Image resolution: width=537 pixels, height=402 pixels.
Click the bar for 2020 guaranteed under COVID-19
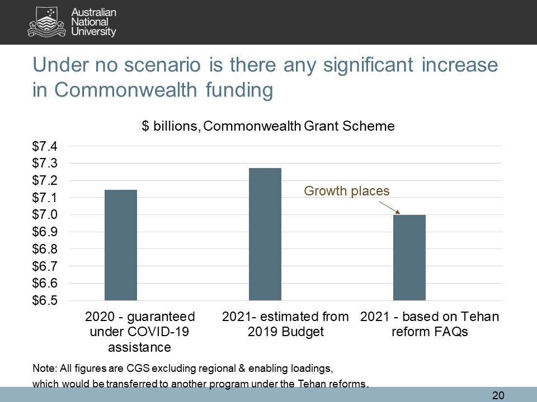tap(121, 245)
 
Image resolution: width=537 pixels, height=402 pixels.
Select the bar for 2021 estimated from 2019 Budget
tap(265, 234)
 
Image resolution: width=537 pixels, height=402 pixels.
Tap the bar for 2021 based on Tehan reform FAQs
tap(409, 257)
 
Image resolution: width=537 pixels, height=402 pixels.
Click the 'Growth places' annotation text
tap(346, 191)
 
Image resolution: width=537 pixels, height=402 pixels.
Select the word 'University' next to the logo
tap(94, 32)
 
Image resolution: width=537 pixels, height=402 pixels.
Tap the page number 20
tap(498, 395)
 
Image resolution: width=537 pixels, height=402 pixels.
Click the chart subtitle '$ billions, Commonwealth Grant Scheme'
tap(268, 126)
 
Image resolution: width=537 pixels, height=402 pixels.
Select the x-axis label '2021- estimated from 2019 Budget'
tap(285, 324)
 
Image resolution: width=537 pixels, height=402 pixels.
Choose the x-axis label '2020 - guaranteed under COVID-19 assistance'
tap(140, 332)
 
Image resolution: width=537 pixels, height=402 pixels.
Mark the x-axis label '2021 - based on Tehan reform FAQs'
tap(430, 324)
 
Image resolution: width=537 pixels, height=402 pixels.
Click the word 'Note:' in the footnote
tap(45, 369)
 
